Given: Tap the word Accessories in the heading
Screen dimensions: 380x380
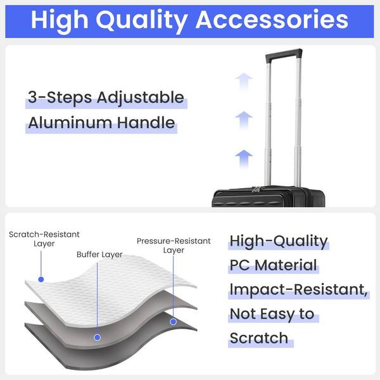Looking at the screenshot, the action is (x=272, y=20).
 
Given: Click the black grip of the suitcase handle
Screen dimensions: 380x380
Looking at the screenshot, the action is (x=284, y=55).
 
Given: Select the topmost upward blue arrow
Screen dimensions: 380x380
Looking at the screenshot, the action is (x=244, y=82).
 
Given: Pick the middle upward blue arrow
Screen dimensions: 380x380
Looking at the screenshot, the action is (x=244, y=120).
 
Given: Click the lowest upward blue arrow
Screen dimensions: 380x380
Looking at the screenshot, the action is (x=244, y=159).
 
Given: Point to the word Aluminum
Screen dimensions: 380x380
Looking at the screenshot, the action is (x=70, y=122).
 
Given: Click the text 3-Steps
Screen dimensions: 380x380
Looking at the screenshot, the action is (x=60, y=97).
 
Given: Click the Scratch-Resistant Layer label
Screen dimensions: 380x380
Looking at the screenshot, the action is (x=44, y=239).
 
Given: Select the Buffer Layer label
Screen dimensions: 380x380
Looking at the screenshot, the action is (x=99, y=255).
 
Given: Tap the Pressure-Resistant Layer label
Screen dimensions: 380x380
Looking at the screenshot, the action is (x=174, y=245).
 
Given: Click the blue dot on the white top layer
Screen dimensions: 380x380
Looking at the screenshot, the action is (x=41, y=279).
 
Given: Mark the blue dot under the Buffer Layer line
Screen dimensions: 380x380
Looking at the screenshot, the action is (x=97, y=338).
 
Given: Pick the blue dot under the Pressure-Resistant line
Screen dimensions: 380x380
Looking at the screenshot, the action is (x=173, y=322).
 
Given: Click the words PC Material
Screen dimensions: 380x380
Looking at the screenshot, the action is (x=273, y=265).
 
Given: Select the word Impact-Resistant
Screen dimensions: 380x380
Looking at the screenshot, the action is (x=298, y=289).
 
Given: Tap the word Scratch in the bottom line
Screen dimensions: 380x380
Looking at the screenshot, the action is (x=259, y=338).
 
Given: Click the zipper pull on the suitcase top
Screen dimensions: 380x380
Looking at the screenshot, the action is (x=256, y=189).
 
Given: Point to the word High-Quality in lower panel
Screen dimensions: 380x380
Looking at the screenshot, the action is (x=279, y=242).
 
